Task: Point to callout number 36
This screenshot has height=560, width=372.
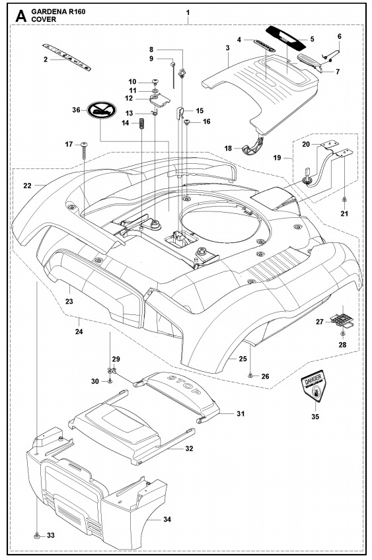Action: tap(76, 110)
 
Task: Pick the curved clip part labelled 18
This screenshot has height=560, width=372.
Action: tap(255, 149)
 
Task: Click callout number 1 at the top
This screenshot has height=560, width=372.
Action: tap(188, 13)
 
